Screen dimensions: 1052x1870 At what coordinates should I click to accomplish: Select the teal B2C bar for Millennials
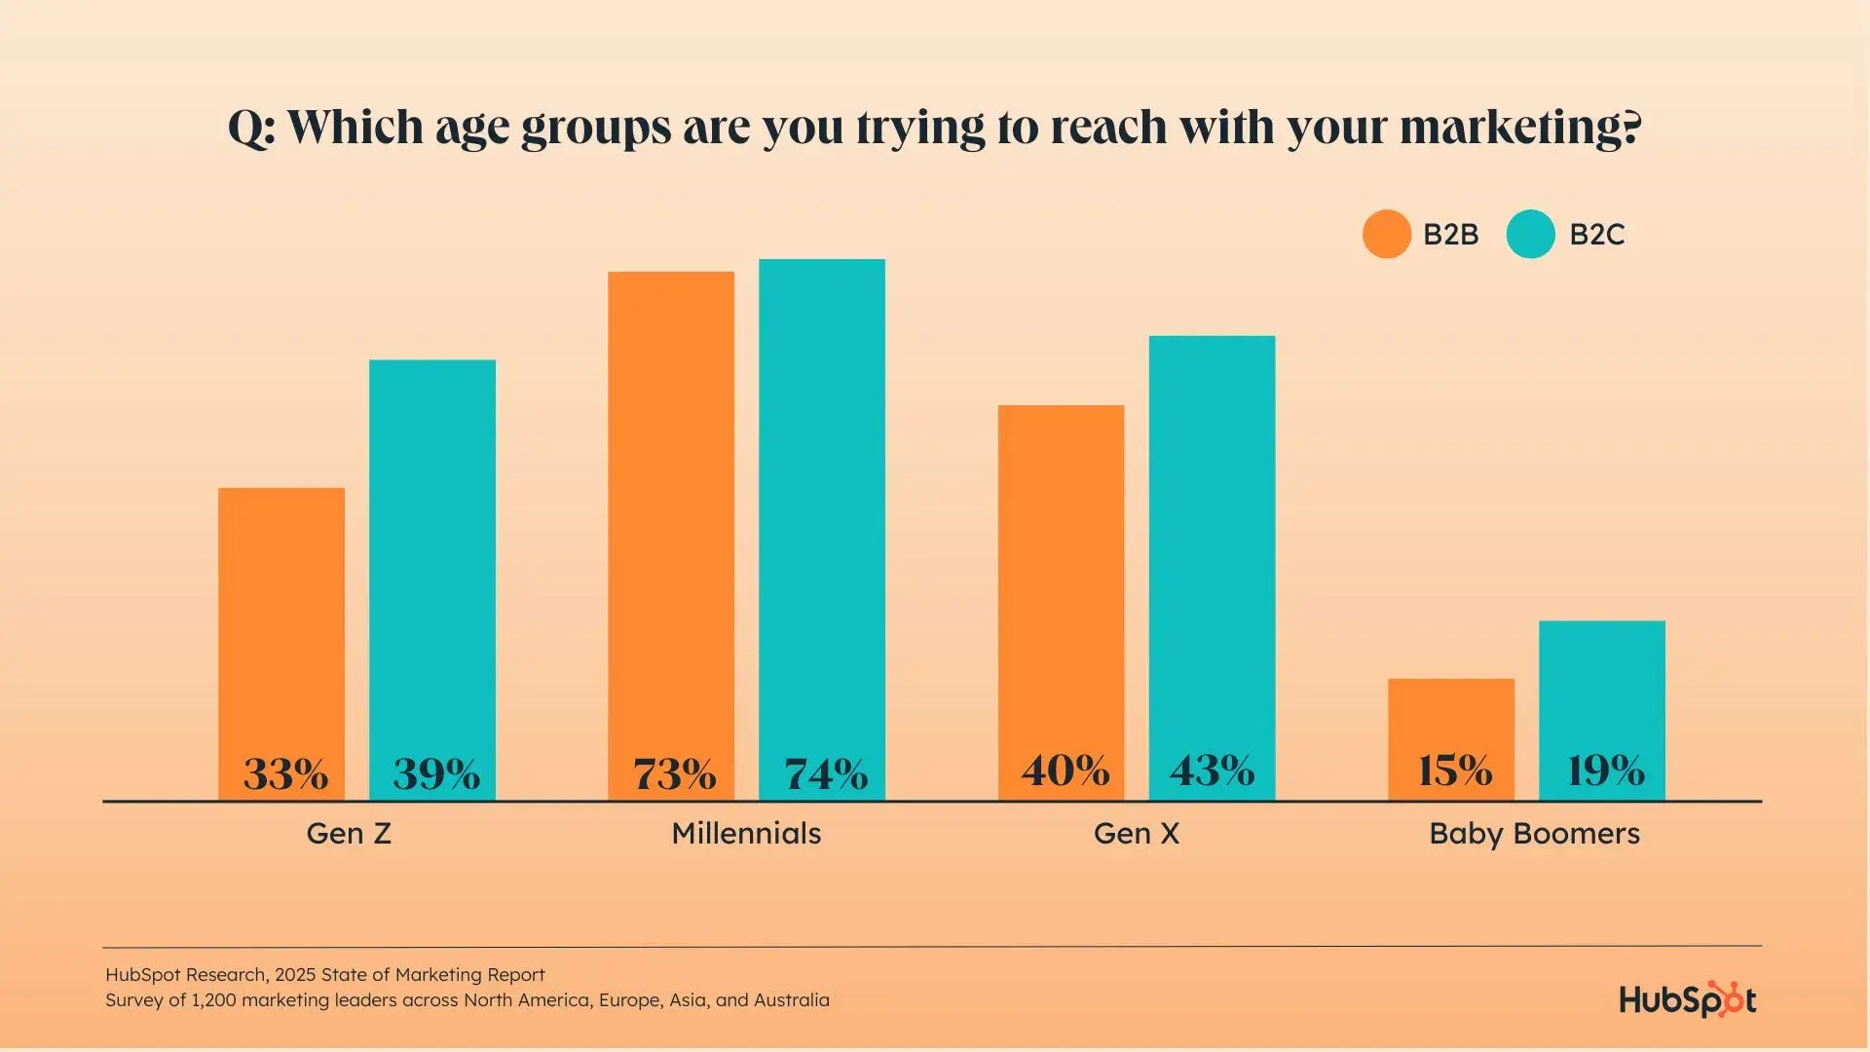pos(822,507)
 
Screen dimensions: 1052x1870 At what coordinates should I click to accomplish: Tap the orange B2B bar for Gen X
pos(1061,575)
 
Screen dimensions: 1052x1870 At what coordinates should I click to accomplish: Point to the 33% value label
pos(285,774)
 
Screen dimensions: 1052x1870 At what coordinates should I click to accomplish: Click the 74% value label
pos(826,774)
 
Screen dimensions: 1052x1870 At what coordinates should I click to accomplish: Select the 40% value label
pos(1065,770)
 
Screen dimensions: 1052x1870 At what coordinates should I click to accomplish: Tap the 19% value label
pos(1605,770)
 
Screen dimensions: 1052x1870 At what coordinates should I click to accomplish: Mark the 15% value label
pos(1454,770)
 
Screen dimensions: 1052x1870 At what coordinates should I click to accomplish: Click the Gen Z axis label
pos(349,834)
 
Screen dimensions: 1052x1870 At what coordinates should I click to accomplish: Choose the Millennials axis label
pos(746,834)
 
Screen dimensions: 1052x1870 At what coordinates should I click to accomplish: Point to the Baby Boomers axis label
pos(1534,834)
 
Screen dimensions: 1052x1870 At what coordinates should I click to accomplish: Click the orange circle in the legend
pos(1386,234)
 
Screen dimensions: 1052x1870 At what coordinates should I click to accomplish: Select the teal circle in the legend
pos(1530,234)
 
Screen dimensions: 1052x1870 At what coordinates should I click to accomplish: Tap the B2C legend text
pos(1597,235)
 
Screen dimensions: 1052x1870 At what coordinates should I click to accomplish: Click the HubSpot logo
pos(1687,999)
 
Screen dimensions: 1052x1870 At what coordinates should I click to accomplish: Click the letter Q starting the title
pos(246,128)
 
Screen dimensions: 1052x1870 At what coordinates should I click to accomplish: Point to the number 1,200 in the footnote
pos(213,1000)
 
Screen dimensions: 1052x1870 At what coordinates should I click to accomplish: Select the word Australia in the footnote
pos(792,1000)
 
